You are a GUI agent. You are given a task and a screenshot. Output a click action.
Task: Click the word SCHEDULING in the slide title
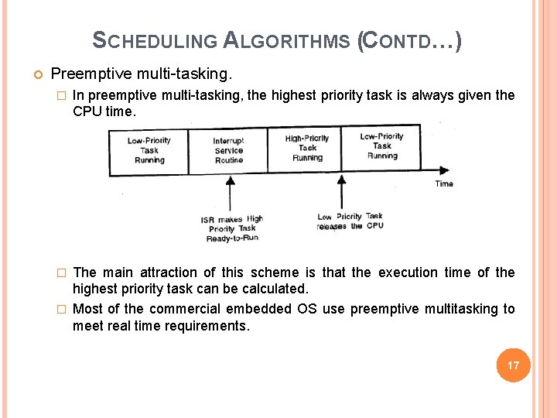pyautogui.click(x=155, y=40)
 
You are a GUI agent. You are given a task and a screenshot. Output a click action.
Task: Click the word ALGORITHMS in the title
pyautogui.click(x=287, y=40)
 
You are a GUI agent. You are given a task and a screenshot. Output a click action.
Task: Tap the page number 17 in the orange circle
pyautogui.click(x=513, y=365)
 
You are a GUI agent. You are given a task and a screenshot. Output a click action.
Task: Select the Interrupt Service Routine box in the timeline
pyautogui.click(x=228, y=150)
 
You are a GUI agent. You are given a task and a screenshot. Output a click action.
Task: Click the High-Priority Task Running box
pyautogui.click(x=307, y=148)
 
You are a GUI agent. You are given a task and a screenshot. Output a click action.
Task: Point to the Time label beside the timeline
pyautogui.click(x=444, y=183)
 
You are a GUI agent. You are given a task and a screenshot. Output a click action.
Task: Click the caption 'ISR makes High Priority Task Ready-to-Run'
pyautogui.click(x=232, y=228)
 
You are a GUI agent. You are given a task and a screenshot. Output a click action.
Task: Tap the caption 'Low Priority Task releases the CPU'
pyautogui.click(x=350, y=221)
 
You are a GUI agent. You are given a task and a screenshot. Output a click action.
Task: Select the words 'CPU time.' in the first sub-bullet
pyautogui.click(x=104, y=111)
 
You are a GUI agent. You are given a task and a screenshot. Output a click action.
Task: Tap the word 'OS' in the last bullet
pyautogui.click(x=306, y=309)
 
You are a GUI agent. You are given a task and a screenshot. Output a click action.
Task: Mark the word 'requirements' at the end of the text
pyautogui.click(x=207, y=326)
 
